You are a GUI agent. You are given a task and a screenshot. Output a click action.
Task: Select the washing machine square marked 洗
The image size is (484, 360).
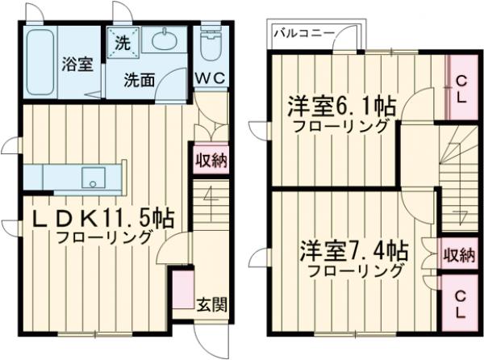pyautogui.click(x=123, y=42)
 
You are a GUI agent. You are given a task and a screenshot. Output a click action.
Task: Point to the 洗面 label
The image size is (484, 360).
pyautogui.click(x=140, y=80)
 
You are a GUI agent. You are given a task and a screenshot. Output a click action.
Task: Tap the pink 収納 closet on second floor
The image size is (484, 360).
pyautogui.click(x=458, y=256)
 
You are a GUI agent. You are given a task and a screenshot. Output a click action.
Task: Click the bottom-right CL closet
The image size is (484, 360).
pyautogui.click(x=459, y=304)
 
